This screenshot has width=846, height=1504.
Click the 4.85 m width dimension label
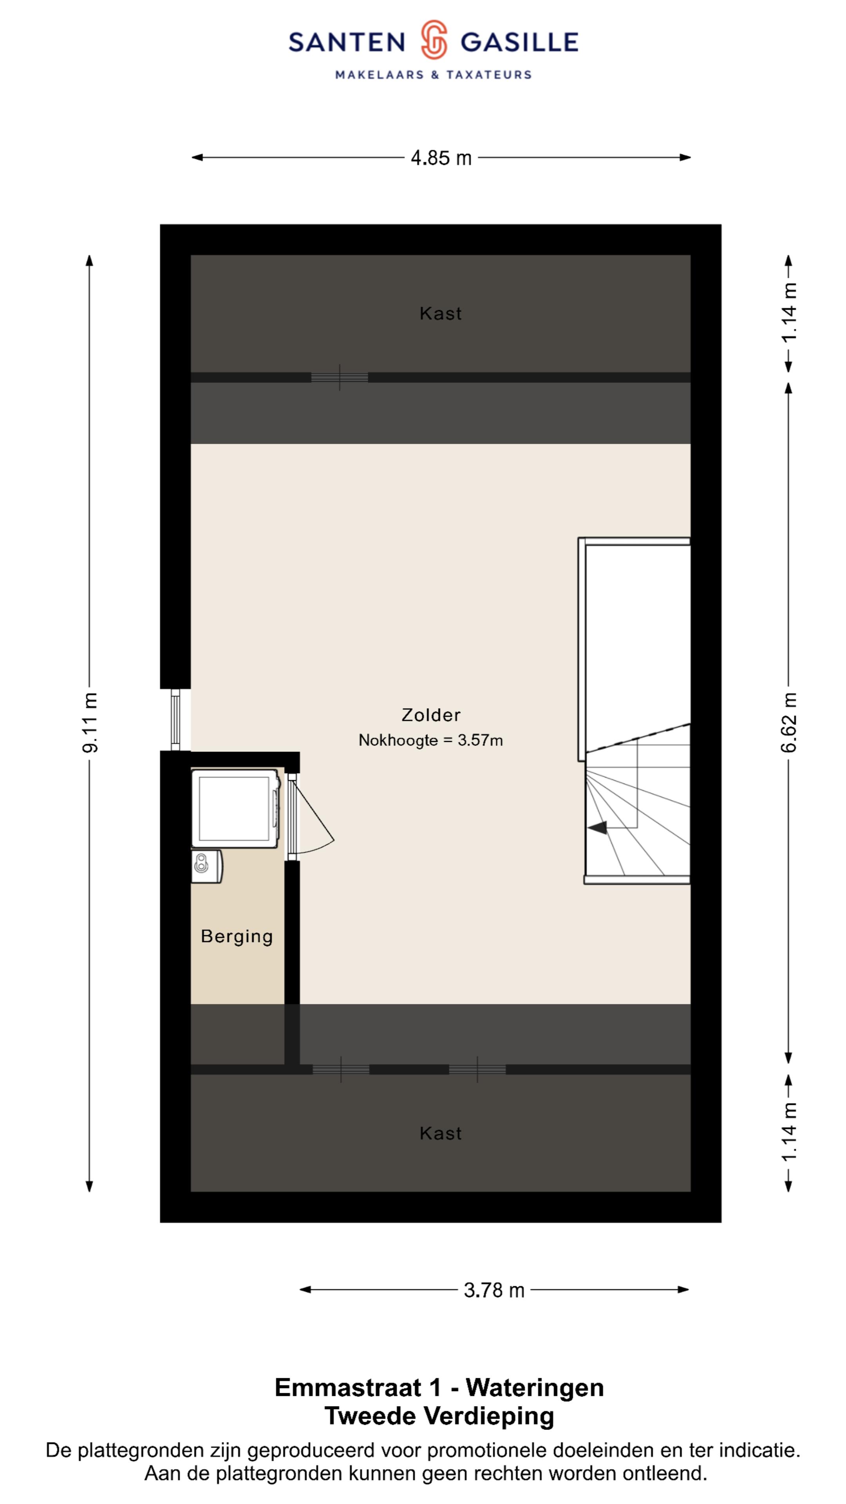click(x=441, y=157)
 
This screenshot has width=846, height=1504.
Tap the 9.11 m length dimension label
click(x=90, y=722)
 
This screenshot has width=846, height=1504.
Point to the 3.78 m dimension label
click(x=494, y=1290)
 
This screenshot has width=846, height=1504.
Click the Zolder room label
click(x=431, y=715)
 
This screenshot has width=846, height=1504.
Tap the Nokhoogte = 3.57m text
click(x=430, y=740)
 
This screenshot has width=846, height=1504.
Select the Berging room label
click(x=237, y=936)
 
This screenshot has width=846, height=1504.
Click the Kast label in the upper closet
click(x=440, y=313)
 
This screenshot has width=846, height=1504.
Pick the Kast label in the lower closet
click(x=440, y=1133)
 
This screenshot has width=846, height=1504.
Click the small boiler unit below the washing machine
click(x=207, y=866)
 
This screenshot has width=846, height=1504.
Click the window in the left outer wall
click(x=175, y=720)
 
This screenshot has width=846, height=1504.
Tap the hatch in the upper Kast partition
click(x=339, y=377)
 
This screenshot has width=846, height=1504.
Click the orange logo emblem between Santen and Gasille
click(x=434, y=40)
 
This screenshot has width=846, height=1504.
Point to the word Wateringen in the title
click(x=535, y=1387)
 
